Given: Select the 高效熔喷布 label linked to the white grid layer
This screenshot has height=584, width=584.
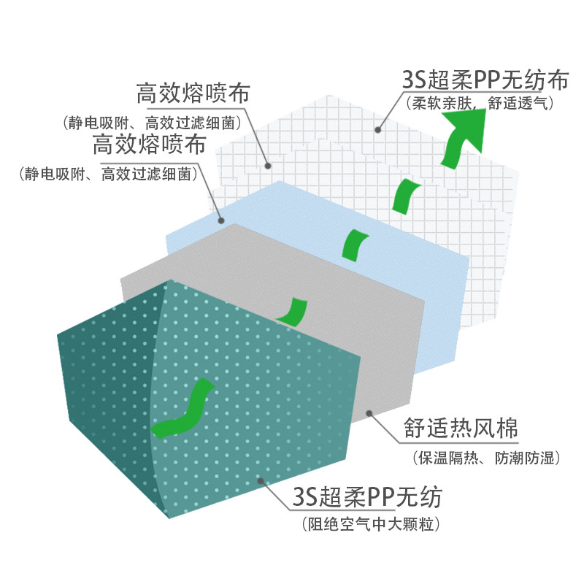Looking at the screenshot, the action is (x=193, y=95).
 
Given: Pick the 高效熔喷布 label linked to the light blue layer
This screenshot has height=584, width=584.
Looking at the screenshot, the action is (x=149, y=145).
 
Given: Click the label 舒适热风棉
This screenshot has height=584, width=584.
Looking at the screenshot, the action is (x=460, y=429).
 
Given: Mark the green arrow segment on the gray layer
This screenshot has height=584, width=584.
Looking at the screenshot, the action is (x=296, y=312).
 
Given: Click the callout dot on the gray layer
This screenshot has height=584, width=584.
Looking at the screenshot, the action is (x=369, y=413).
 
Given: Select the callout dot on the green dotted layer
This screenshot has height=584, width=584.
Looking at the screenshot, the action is (x=261, y=480).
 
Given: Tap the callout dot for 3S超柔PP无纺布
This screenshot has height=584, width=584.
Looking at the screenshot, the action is (x=377, y=130).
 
